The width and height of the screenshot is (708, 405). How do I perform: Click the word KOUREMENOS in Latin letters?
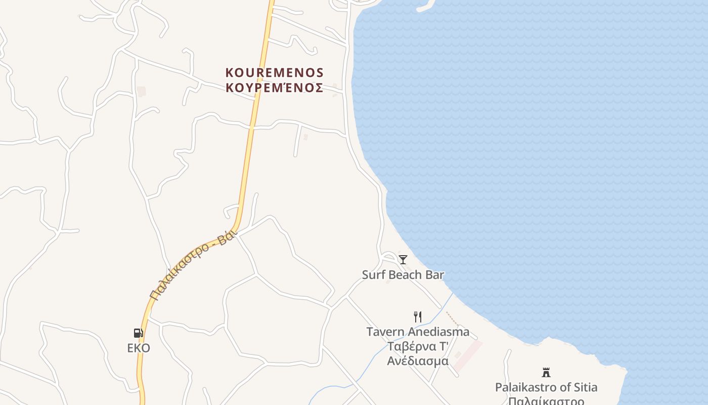[x=275, y=73]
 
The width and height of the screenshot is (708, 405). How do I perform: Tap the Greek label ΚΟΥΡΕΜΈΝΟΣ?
[x=275, y=88]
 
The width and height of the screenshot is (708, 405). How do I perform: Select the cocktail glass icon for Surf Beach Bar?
[x=403, y=260]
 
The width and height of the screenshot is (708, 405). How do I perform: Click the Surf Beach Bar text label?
[x=403, y=275]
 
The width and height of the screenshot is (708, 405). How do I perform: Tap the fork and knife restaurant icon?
[x=418, y=317]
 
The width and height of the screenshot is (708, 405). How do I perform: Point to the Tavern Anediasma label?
[x=418, y=332]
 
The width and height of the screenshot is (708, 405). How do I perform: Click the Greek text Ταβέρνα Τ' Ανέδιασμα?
[x=418, y=354]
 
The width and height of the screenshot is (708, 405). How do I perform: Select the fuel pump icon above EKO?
[x=138, y=333]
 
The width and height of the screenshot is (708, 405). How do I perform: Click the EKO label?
[x=138, y=348]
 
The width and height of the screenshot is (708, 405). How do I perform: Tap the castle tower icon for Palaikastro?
[x=546, y=373]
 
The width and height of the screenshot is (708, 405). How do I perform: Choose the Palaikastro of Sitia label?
[x=546, y=387]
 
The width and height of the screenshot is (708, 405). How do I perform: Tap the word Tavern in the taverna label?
[x=385, y=332]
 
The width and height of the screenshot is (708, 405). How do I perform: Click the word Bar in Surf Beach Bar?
[x=435, y=275]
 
